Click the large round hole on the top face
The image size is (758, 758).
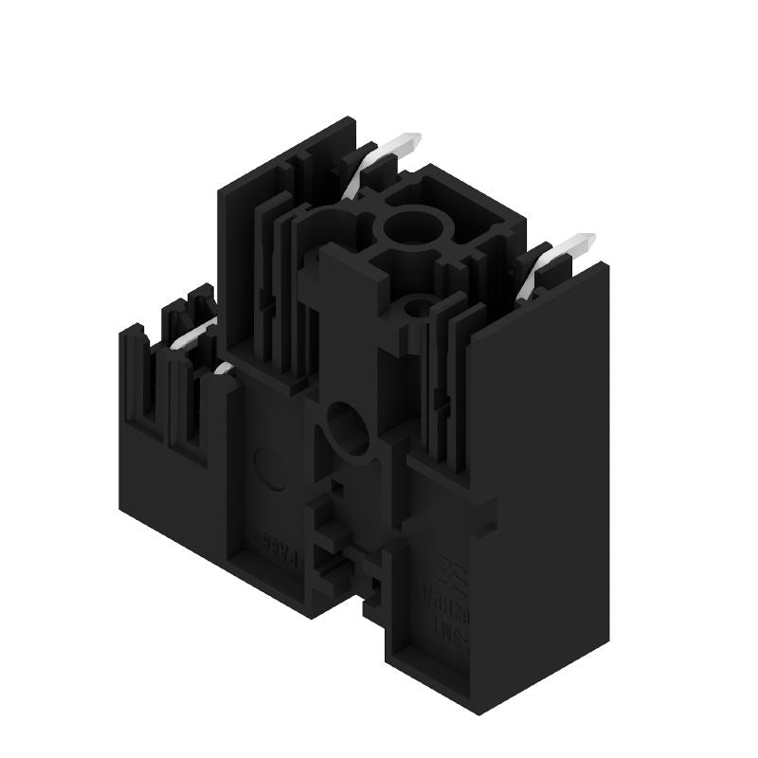tap(408, 227)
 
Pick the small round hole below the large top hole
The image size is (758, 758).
tap(416, 306)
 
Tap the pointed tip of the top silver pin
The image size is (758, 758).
tap(416, 141)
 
